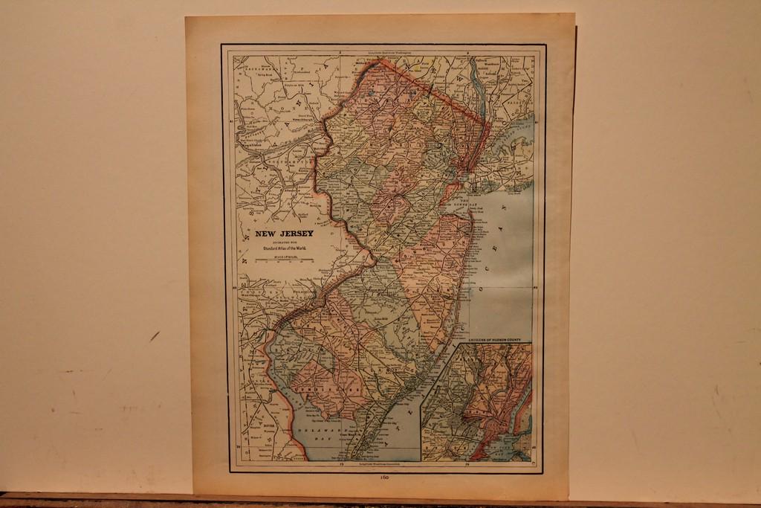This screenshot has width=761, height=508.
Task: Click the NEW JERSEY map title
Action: point(284,234)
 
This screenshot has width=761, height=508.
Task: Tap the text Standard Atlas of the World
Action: point(284,248)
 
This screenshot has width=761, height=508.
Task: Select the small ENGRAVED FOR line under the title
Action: point(284,242)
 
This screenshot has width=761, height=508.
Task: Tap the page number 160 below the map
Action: point(384,477)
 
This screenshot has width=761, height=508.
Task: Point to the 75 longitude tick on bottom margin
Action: point(341,464)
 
